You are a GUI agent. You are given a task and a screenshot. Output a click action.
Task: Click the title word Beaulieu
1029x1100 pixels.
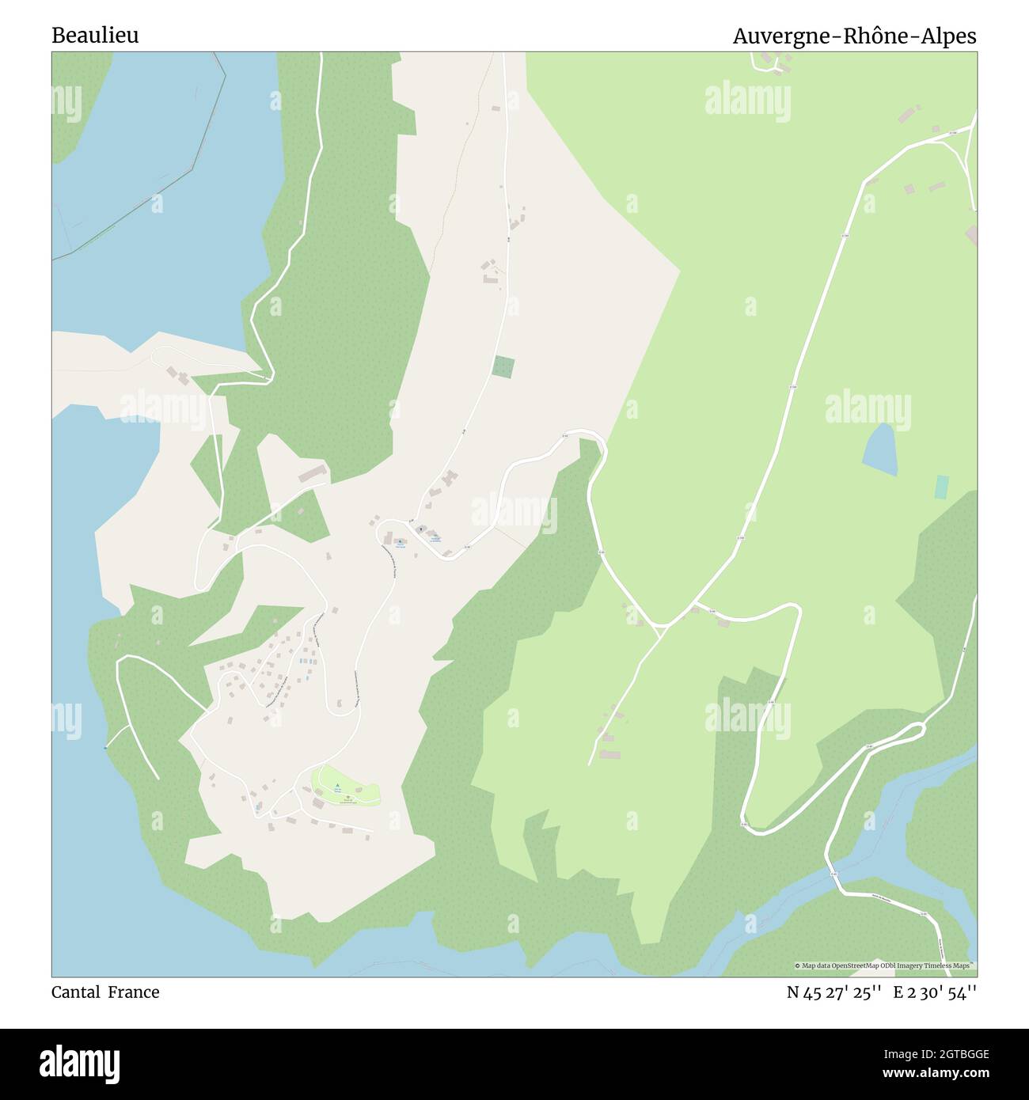(x=95, y=36)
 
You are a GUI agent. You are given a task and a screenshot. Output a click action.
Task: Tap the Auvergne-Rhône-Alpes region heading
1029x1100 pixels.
(x=854, y=36)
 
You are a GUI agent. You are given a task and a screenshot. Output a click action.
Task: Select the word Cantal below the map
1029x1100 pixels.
(x=76, y=992)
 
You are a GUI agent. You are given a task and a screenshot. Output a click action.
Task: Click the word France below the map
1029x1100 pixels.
(x=134, y=992)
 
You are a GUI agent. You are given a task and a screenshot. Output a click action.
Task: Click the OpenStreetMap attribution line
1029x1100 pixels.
(x=885, y=965)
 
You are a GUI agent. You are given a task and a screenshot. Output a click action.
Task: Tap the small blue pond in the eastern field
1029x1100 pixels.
(x=879, y=449)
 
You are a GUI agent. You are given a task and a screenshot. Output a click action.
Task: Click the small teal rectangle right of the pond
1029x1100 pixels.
(x=941, y=487)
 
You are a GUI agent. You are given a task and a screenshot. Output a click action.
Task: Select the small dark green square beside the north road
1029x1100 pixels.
(x=503, y=366)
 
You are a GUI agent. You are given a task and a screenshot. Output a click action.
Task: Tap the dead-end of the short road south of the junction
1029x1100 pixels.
(x=590, y=764)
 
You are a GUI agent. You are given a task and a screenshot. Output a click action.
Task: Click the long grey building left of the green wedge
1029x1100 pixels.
(x=312, y=474)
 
